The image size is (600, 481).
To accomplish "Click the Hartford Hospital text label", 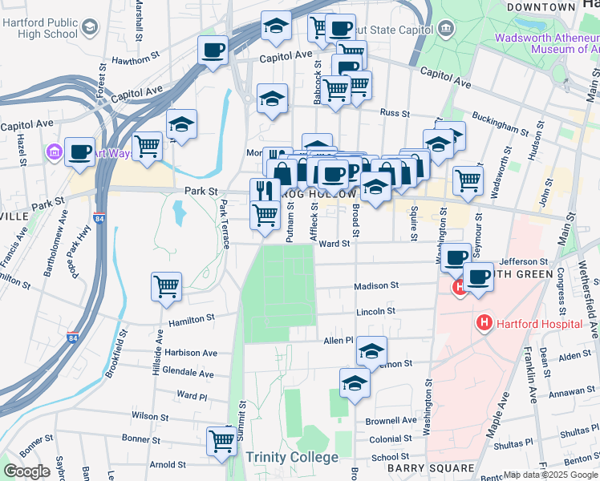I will point(539,324).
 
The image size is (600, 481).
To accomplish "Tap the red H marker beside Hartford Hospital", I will point(484,324).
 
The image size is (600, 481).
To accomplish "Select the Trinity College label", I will point(292,457).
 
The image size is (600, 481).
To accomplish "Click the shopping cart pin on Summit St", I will point(221,440).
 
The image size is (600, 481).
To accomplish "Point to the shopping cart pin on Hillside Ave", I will point(166,285).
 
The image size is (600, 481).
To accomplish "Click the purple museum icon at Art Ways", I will point(55,152).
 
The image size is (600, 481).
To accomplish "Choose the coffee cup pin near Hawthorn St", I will point(213,50).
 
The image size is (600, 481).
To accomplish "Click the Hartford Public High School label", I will point(40,29).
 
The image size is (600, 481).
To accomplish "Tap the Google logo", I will point(26,471).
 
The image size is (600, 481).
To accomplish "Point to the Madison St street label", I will point(377,285).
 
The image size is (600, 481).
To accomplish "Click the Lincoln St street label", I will point(375,311).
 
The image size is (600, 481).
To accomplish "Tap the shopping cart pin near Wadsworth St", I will point(468,179).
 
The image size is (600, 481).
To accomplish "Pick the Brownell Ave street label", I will point(391,421).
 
